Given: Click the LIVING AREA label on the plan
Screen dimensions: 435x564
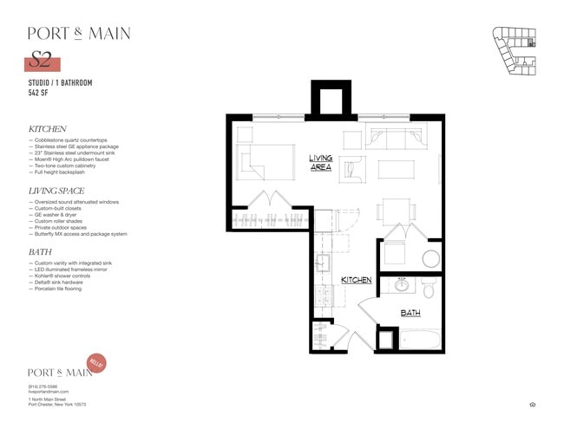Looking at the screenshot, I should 321,162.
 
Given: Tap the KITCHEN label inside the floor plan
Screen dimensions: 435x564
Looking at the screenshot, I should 356,280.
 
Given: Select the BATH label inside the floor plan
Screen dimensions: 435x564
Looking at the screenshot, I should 410,313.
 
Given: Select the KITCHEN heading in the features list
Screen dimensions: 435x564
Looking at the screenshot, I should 48,129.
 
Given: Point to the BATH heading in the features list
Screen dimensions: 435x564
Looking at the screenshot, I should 40,252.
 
